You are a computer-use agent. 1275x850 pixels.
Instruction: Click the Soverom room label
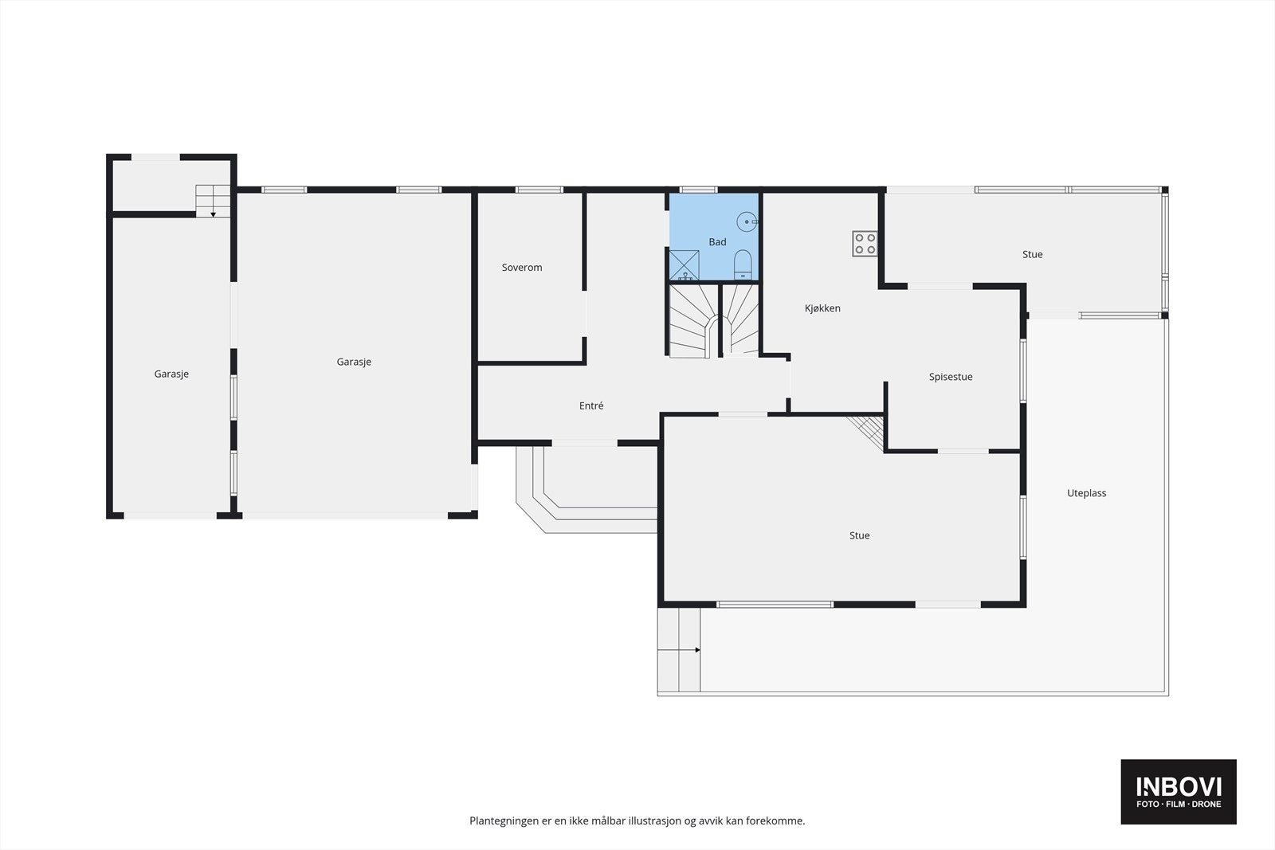click(x=522, y=268)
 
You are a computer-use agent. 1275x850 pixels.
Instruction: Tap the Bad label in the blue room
click(x=717, y=242)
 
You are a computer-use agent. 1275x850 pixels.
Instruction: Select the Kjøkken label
click(x=822, y=308)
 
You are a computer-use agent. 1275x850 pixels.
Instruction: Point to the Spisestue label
click(x=951, y=377)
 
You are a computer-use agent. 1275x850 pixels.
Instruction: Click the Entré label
click(x=591, y=405)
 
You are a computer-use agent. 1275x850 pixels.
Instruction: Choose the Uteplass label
click(x=1086, y=493)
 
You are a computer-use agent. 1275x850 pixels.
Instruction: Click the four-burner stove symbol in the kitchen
click(x=865, y=243)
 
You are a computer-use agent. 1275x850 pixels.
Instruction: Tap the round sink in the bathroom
click(x=747, y=221)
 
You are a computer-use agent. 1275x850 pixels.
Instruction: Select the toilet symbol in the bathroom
click(x=743, y=264)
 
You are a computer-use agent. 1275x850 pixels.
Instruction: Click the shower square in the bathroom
click(x=684, y=265)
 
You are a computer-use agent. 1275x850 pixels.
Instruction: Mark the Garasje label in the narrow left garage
click(x=171, y=374)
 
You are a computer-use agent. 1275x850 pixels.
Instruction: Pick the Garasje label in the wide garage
click(x=354, y=362)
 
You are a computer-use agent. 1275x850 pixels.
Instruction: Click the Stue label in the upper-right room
click(x=1032, y=254)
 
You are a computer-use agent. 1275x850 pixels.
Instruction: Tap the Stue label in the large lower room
click(x=859, y=535)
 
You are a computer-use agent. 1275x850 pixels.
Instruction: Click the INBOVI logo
click(x=1179, y=791)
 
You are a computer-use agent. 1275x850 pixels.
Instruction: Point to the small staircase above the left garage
click(x=213, y=199)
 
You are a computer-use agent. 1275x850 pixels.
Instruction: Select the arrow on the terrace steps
click(x=697, y=650)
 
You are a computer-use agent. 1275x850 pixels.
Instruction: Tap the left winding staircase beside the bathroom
click(x=689, y=322)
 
